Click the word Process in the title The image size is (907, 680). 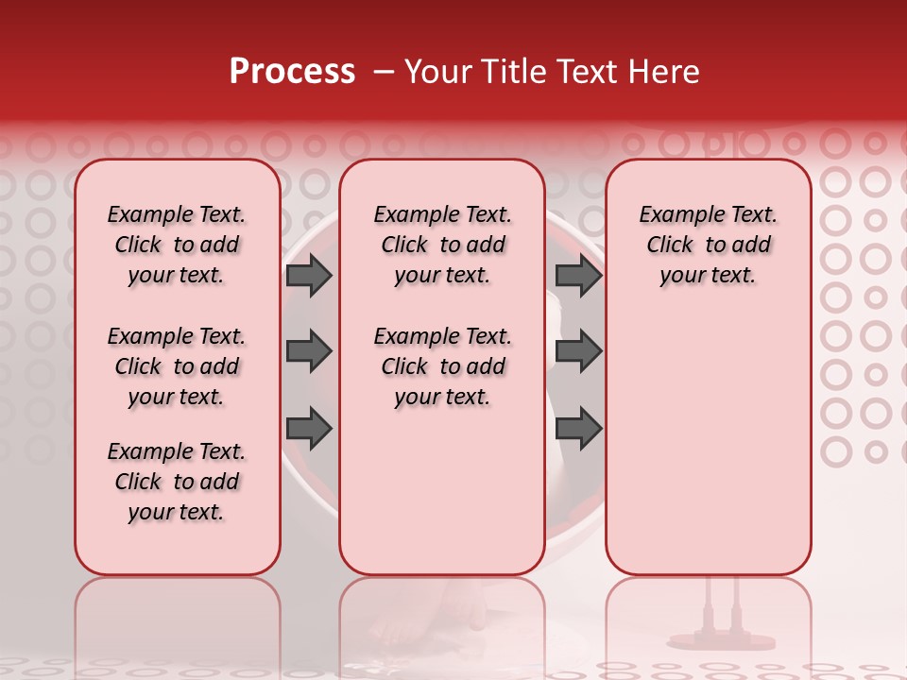point(292,72)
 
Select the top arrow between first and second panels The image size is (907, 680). point(308,275)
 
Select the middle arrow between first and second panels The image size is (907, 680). point(308,351)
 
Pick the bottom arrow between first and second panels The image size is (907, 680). point(308,429)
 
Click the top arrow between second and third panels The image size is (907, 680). point(578,275)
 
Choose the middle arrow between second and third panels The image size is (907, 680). point(578,351)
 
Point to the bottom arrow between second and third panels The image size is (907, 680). point(578,429)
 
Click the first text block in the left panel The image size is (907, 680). point(177,245)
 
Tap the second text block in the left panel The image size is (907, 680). point(177,366)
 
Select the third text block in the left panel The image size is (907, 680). point(177,482)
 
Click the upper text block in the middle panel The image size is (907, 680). point(442,245)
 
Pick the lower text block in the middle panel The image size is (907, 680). point(442,366)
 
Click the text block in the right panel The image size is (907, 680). point(708,245)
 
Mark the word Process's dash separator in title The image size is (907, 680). point(382,72)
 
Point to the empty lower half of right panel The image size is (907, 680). point(708,444)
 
